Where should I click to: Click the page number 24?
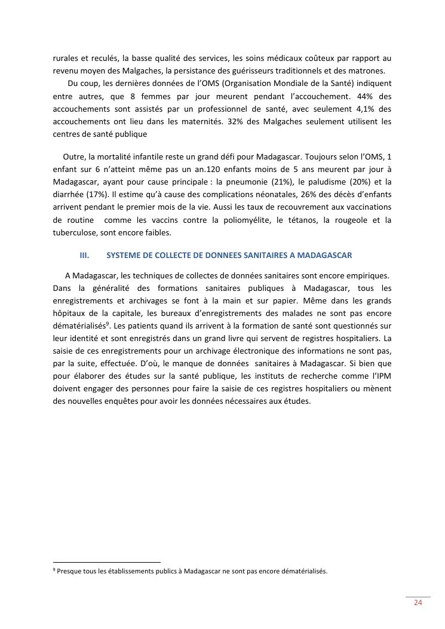(x=418, y=602)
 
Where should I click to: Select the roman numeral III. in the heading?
(x=84, y=255)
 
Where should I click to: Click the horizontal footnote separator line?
(x=107, y=562)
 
